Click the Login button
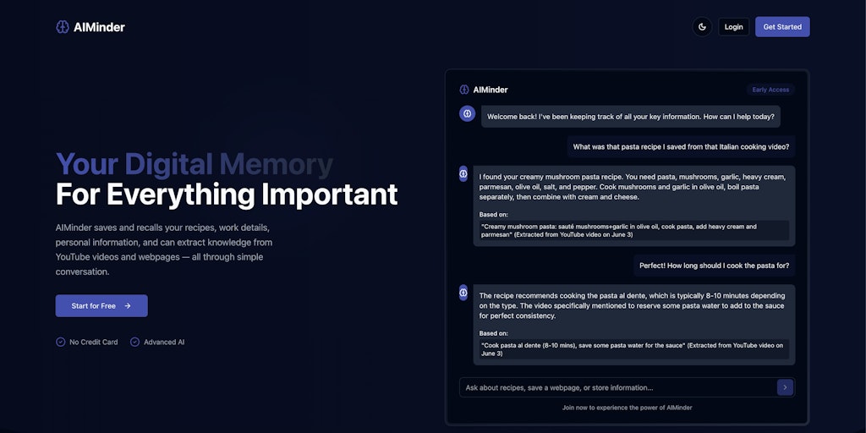pos(733,27)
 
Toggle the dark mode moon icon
pos(702,27)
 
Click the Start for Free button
pos(101,305)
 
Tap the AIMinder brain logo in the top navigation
pos(63,27)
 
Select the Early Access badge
pos(770,90)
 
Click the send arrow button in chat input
pos(785,387)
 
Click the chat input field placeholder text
pos(559,387)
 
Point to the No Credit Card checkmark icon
pos(61,342)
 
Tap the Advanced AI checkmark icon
pos(134,342)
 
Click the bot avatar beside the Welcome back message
pos(467,113)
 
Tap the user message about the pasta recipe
pos(681,146)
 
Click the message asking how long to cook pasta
pos(714,266)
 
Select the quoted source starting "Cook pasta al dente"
pos(633,349)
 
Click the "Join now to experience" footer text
pos(627,408)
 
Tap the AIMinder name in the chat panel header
pos(491,90)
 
